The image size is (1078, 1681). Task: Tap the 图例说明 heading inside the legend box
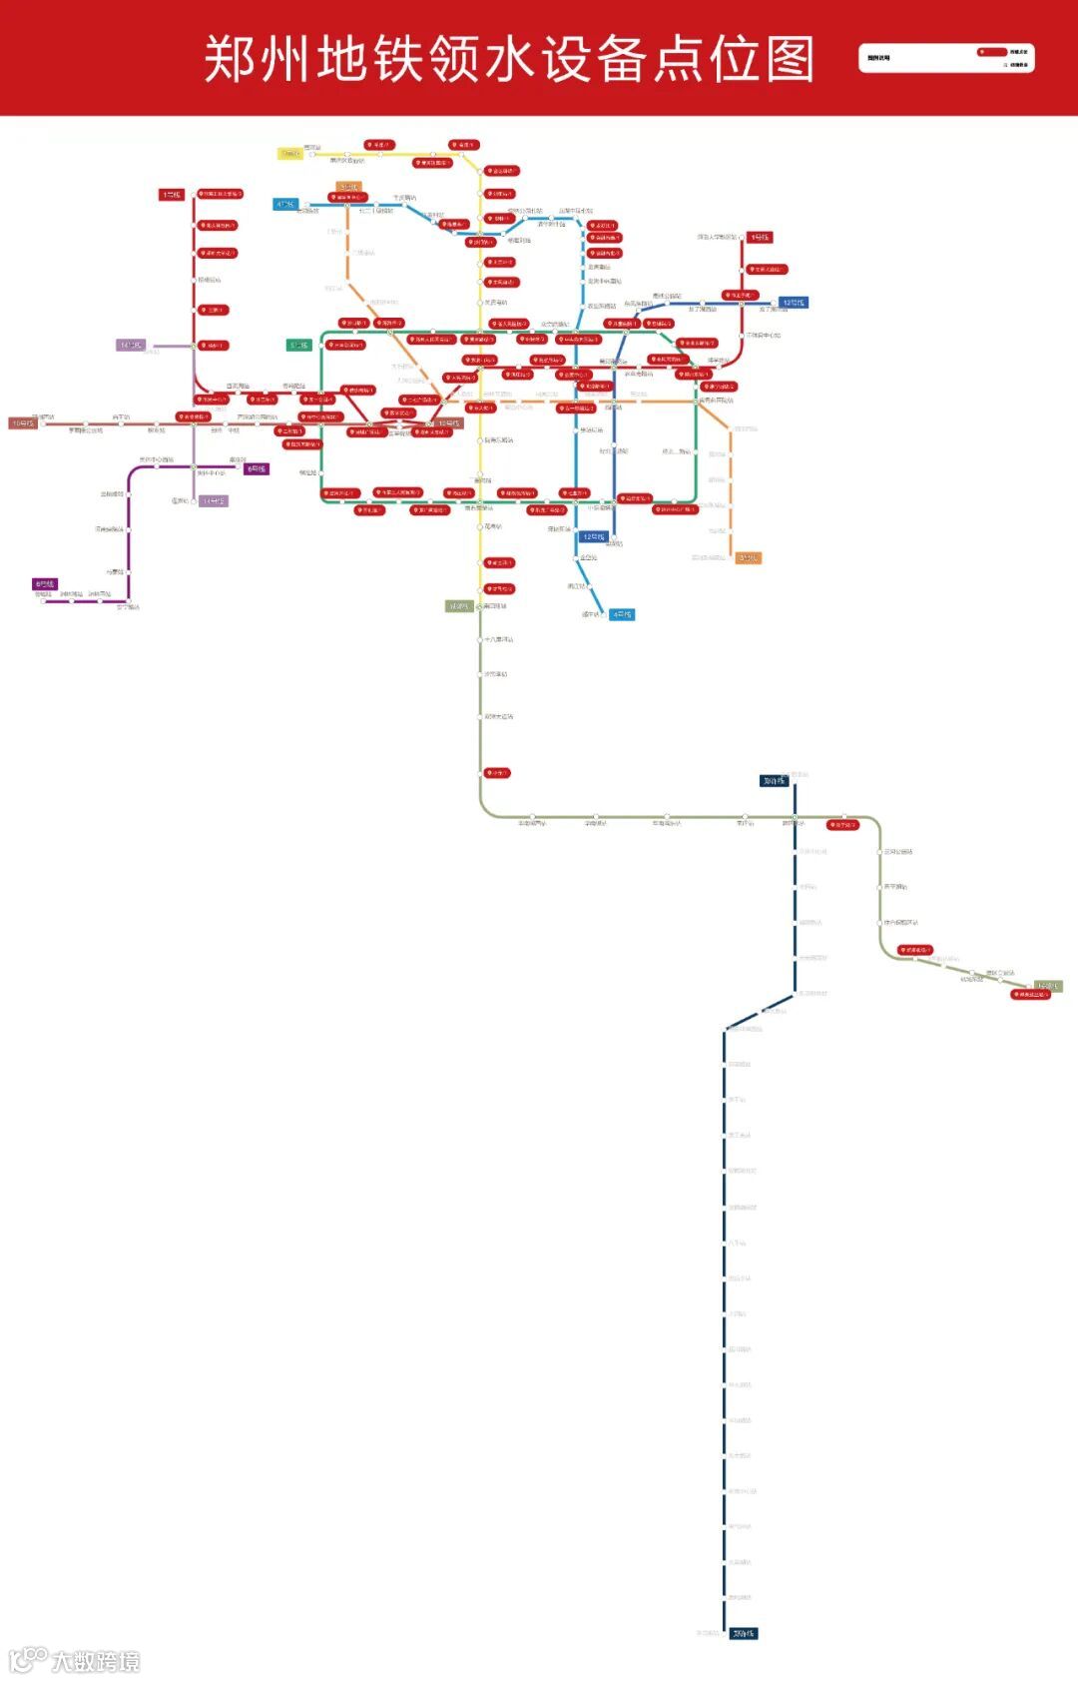click(878, 58)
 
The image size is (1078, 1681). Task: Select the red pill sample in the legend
click(992, 51)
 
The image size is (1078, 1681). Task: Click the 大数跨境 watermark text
click(96, 1661)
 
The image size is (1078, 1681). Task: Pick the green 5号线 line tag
click(299, 346)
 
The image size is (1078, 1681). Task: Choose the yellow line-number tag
click(289, 154)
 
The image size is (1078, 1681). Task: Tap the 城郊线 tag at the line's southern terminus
click(743, 1633)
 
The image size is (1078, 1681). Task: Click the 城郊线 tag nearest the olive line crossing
click(774, 781)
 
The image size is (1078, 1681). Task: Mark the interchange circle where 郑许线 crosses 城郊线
click(795, 818)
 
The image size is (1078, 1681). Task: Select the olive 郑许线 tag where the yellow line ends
click(459, 606)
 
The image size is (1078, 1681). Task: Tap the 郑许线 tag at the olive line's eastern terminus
click(1047, 986)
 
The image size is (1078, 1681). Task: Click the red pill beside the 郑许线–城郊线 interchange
click(842, 825)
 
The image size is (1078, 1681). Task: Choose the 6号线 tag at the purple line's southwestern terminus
click(45, 584)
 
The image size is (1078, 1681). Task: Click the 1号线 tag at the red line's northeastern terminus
click(761, 238)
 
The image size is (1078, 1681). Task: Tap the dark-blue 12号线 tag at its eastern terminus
click(793, 303)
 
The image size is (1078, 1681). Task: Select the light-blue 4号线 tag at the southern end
click(622, 614)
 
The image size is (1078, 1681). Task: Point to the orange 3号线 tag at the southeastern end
click(748, 557)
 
